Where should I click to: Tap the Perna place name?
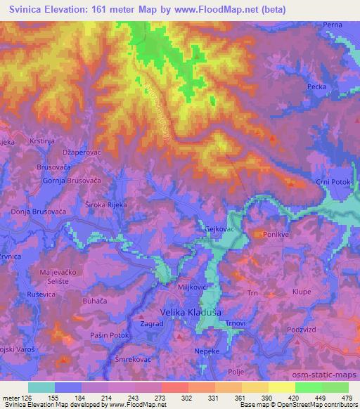point(333,25)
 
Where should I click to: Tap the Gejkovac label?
point(219,230)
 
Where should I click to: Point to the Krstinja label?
point(42,142)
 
